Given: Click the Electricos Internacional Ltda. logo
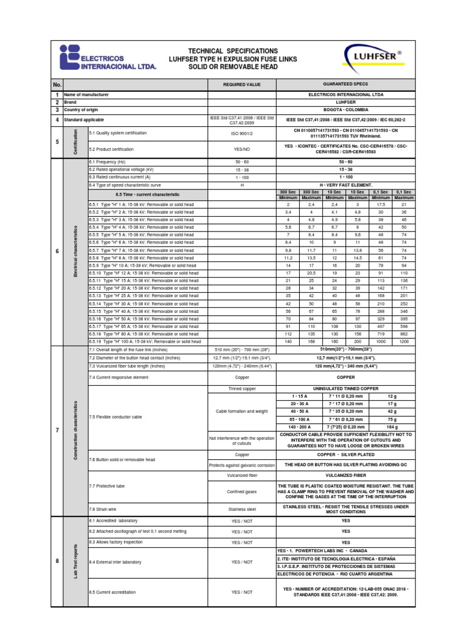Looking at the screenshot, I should click(108, 59).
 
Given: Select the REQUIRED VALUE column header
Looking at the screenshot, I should click(241, 84).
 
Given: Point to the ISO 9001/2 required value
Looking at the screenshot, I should click(241, 132).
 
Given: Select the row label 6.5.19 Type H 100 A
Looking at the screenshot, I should click(144, 342).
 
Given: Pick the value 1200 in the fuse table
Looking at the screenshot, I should click(403, 342).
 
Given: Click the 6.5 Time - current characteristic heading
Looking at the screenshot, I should click(148, 194).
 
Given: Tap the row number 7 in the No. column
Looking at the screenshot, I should click(57, 430).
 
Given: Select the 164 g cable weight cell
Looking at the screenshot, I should click(393, 428).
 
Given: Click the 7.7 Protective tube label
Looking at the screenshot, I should click(107, 487).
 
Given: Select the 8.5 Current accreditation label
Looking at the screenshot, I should click(113, 592).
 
